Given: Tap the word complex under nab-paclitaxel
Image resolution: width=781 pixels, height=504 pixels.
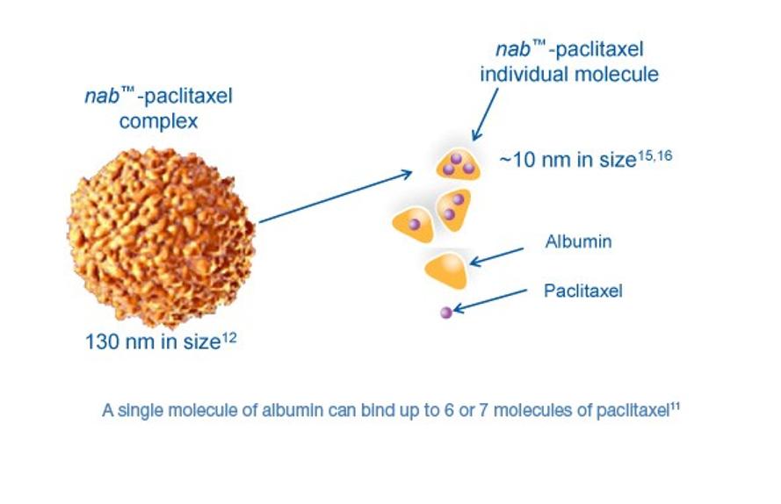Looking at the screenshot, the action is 158,121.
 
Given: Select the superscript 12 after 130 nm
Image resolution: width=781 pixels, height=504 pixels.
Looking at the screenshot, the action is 229,338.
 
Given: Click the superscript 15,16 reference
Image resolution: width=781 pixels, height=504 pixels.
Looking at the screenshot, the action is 655,156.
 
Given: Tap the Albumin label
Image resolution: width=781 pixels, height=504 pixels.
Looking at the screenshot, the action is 578,241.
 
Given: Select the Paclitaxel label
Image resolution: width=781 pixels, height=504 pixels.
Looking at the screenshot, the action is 582,291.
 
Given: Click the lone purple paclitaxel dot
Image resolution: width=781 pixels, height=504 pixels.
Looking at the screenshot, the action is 446,313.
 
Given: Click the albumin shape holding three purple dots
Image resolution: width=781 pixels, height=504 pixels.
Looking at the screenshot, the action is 458,163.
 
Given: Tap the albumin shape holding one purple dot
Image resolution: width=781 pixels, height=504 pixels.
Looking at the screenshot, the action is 414,225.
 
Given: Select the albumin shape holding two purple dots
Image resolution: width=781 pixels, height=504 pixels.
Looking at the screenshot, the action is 454,209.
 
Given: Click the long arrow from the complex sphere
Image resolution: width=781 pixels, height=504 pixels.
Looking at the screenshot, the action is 336,197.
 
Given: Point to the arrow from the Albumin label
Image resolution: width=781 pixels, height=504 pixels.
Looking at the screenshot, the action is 496,256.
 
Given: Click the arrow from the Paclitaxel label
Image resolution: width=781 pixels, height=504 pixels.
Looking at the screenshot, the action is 489,301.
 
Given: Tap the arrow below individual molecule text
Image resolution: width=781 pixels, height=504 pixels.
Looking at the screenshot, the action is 485,114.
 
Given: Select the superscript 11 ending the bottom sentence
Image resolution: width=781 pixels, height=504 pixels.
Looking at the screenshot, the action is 675,407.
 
